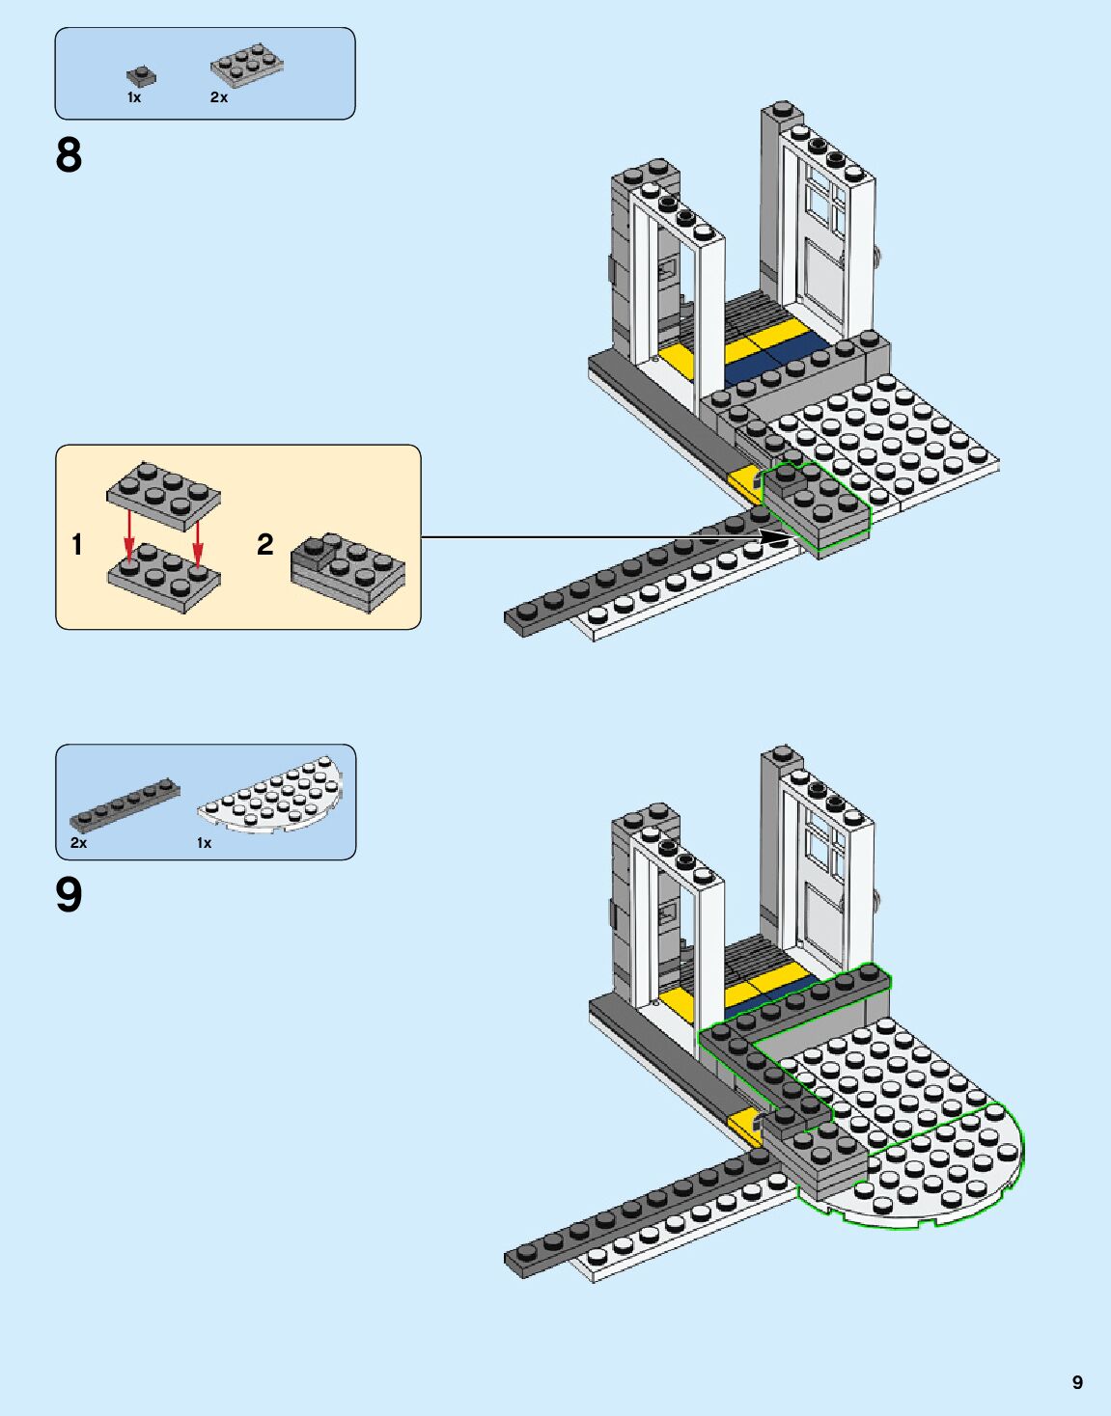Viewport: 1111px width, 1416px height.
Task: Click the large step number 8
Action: click(69, 155)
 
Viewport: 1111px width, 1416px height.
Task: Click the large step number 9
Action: click(69, 895)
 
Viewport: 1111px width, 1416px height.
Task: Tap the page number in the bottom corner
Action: click(1077, 1382)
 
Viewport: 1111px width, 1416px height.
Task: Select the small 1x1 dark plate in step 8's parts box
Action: click(141, 75)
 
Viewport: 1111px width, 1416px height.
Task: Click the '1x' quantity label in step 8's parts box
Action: click(134, 97)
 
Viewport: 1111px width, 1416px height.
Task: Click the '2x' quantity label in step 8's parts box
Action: click(219, 97)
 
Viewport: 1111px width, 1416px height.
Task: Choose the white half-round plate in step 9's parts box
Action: click(274, 793)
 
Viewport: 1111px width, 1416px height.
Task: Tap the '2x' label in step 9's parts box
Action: click(78, 843)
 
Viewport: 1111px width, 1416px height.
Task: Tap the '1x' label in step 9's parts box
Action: click(204, 843)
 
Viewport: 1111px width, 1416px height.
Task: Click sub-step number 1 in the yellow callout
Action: click(77, 545)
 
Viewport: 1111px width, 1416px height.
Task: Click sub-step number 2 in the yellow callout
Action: click(264, 545)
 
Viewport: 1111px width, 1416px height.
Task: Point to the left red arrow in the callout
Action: click(128, 538)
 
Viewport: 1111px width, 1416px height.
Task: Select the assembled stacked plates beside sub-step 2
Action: click(347, 571)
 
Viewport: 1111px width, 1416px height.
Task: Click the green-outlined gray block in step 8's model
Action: click(816, 506)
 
